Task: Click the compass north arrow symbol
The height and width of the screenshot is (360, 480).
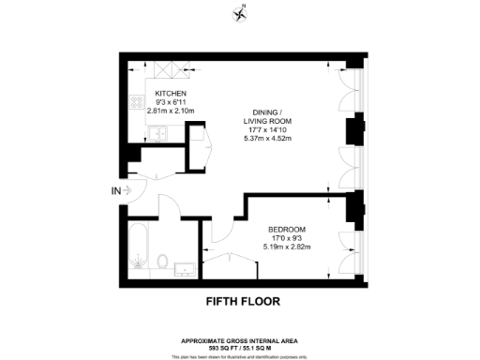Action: pos(240,13)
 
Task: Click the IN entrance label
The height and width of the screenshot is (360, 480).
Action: pos(115,191)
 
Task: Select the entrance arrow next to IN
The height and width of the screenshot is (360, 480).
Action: pos(130,191)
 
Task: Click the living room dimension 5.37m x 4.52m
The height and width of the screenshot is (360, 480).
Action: pos(269,140)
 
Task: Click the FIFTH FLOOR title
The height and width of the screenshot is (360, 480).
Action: pos(242,302)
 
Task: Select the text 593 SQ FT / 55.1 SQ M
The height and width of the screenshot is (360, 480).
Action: pos(243,347)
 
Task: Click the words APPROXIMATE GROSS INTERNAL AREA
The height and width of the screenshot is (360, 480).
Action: pos(243,339)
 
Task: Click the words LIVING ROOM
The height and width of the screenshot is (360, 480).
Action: pos(269,121)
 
